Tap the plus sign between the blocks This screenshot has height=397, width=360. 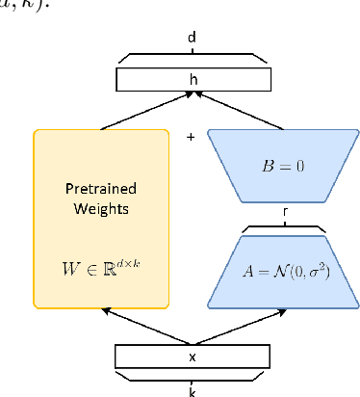click(191, 137)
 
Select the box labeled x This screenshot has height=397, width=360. click(192, 357)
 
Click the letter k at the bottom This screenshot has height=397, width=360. click(192, 390)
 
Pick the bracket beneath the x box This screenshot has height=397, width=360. click(192, 377)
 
